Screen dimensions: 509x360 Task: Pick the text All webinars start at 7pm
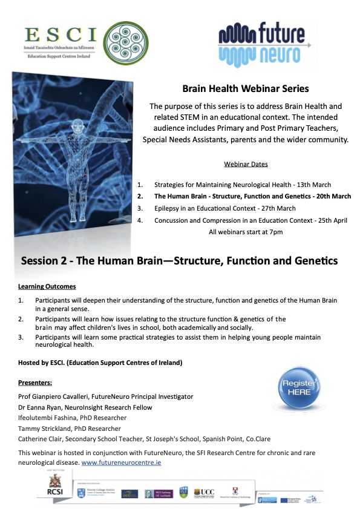[x=245, y=232]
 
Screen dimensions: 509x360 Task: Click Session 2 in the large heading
[x=46, y=261]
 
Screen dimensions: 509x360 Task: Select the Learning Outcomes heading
[x=47, y=286]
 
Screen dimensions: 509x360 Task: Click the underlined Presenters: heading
[x=35, y=383]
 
